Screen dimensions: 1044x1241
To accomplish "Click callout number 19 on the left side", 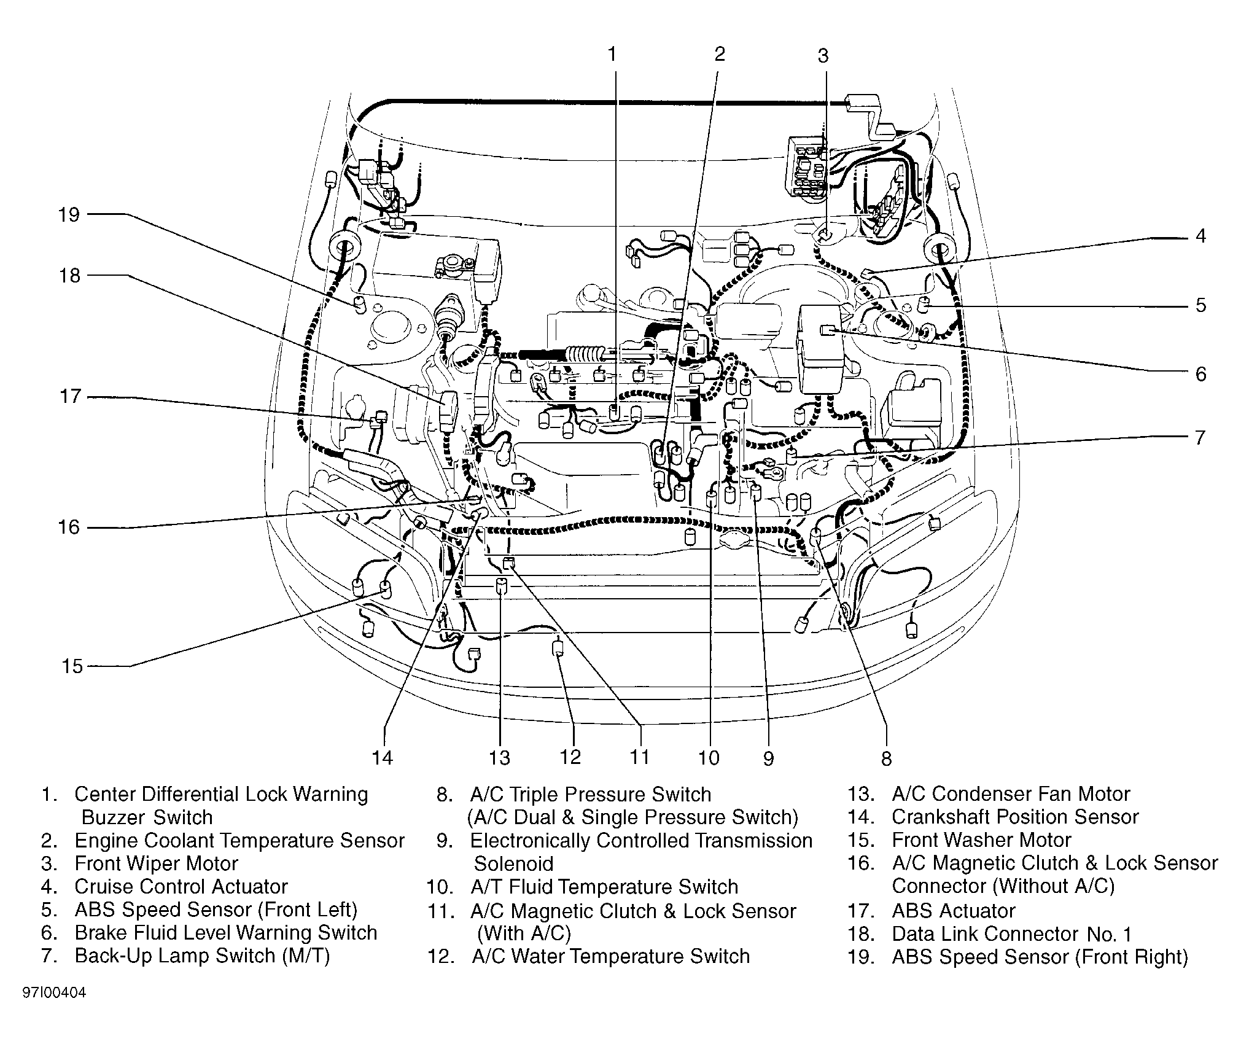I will click(69, 215).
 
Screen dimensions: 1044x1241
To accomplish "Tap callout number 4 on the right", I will click(1200, 236).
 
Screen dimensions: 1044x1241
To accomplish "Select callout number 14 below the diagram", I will click(382, 758).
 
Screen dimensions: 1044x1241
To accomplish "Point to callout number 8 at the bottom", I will click(886, 759).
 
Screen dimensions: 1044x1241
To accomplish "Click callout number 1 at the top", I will click(612, 55).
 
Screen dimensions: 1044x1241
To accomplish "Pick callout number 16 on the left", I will click(69, 527).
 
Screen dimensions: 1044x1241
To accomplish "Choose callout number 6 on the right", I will click(1200, 374).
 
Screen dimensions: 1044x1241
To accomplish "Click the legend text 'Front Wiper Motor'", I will click(156, 863).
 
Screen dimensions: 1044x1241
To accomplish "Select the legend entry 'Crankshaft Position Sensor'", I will click(1015, 817).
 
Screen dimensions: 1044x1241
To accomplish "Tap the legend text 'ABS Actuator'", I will click(953, 910).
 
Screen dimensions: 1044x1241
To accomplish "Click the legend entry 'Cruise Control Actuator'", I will click(181, 886).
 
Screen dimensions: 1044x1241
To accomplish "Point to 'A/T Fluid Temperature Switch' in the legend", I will click(604, 887).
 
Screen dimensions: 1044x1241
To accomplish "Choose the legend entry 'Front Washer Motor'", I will click(981, 839).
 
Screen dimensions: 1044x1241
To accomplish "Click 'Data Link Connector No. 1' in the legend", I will click(1011, 934).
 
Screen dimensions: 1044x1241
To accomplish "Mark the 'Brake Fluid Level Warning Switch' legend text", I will click(225, 932).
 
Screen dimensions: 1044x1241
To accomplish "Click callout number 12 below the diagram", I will click(570, 757).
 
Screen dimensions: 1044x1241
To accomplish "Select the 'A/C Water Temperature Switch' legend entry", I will click(611, 956).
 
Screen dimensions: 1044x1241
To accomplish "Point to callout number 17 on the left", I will click(69, 397).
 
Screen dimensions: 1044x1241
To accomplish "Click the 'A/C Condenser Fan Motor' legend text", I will click(1011, 793).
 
